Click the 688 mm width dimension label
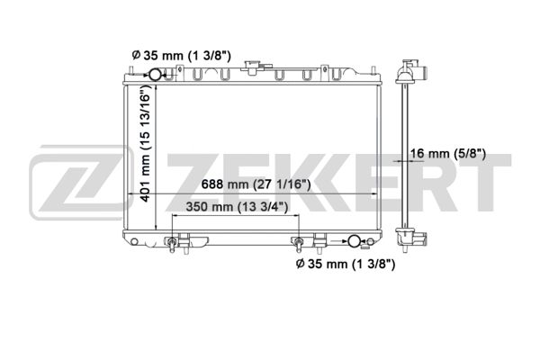[x=256, y=184]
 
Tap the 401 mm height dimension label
[x=146, y=143]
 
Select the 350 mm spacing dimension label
[x=237, y=207]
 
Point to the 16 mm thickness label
[x=447, y=153]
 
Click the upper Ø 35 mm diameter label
[x=181, y=55]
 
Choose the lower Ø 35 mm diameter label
[x=346, y=264]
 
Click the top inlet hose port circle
[x=154, y=74]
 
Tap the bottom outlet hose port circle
[x=354, y=241]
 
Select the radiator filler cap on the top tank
[x=253, y=67]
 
